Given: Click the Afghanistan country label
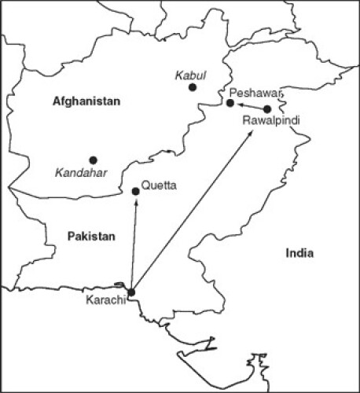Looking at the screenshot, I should (86, 101).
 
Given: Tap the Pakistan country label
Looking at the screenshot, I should (91, 235).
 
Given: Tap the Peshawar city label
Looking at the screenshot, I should (253, 93).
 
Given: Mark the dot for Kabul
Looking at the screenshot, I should (193, 87).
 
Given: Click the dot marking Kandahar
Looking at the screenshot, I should (93, 160).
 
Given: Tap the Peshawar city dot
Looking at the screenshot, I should (230, 103).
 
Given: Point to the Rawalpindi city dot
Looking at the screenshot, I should (267, 108).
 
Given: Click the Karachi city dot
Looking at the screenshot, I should (130, 292).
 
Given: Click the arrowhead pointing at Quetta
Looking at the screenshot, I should (136, 200).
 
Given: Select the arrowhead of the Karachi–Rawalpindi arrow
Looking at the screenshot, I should (252, 134).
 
